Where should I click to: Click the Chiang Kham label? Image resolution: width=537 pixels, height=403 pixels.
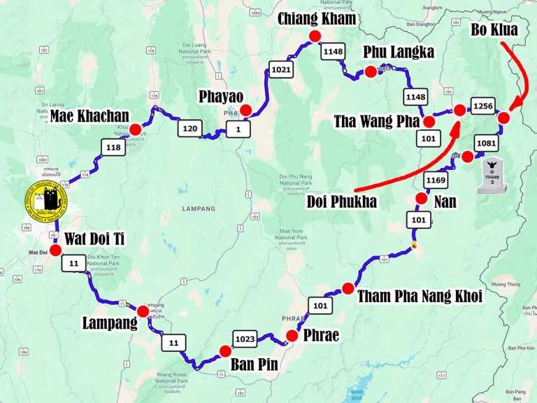click(x=317, y=19)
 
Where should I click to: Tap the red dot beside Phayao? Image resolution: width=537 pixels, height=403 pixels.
click(x=245, y=109)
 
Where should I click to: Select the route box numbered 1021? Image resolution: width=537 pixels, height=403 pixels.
click(x=282, y=69)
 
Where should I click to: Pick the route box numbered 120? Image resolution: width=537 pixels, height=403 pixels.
click(x=189, y=129)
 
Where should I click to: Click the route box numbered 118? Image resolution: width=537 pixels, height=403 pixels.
click(x=113, y=147)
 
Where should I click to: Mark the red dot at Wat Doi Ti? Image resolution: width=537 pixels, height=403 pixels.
click(x=56, y=249)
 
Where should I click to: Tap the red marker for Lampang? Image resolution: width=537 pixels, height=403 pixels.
click(x=143, y=311)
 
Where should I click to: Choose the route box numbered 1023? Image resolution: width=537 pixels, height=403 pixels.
click(x=245, y=339)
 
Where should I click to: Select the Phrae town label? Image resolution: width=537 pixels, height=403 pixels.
click(x=321, y=335)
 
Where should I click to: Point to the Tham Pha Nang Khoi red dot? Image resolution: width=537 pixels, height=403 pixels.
click(x=348, y=288)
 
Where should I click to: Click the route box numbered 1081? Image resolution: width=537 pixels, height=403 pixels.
click(x=487, y=143)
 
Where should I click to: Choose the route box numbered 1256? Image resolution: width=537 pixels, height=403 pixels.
click(x=482, y=106)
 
